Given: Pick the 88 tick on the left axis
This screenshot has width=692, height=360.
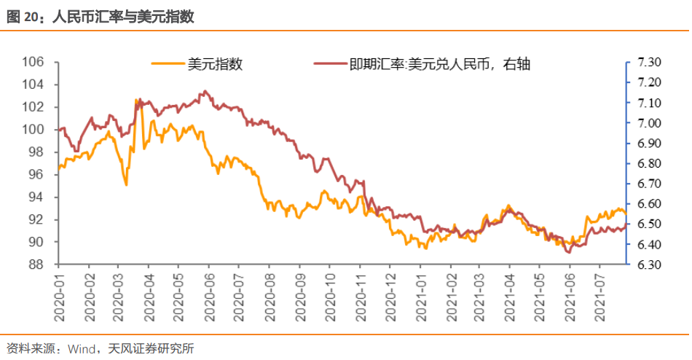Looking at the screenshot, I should [37, 265].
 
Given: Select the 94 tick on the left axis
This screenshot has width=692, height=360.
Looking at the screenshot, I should [37, 197].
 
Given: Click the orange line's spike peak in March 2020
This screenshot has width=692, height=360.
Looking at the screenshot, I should [137, 99].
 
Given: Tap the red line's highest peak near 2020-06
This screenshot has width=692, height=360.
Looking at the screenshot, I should [205, 91].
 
